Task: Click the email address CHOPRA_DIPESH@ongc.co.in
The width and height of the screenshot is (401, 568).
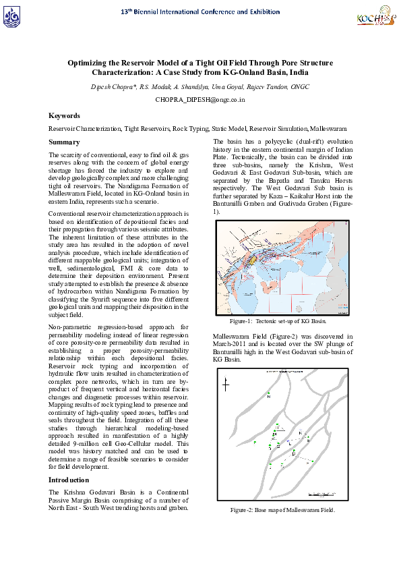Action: pyautogui.click(x=200, y=99)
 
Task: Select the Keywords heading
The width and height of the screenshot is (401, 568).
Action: pyautogui.click(x=65, y=115)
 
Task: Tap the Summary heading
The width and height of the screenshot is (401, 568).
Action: pyautogui.click(x=64, y=142)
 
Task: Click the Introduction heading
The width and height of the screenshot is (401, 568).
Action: pyautogui.click(x=69, y=480)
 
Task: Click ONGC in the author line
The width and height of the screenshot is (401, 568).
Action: pyautogui.click(x=297, y=87)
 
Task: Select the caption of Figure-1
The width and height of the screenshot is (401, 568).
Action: pyautogui.click(x=282, y=321)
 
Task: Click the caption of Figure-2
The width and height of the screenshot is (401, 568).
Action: pyautogui.click(x=282, y=510)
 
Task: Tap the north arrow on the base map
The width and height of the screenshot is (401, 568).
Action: pyautogui.click(x=226, y=385)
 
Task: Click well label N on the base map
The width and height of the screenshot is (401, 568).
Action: pyautogui.click(x=269, y=397)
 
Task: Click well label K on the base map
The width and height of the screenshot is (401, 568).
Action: pyautogui.click(x=300, y=432)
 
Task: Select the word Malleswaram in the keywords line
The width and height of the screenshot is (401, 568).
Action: pyautogui.click(x=328, y=127)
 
